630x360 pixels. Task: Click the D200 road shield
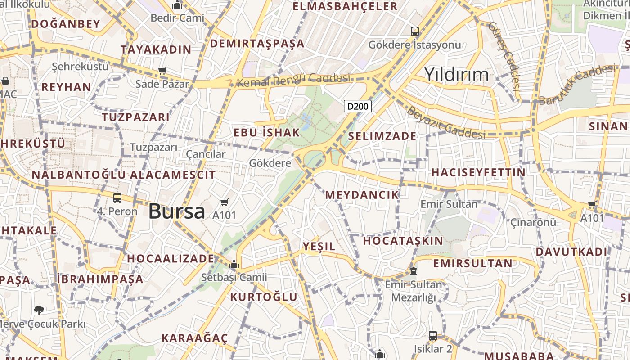click(x=358, y=106)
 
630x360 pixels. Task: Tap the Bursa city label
click(x=176, y=211)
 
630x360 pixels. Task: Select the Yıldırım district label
click(x=456, y=74)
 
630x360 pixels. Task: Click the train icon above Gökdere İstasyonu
click(x=414, y=31)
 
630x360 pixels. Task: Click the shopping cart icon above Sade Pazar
click(x=162, y=71)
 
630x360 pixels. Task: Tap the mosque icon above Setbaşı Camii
click(x=234, y=264)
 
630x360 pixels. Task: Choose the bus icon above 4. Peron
click(x=117, y=198)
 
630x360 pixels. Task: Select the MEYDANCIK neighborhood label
click(x=362, y=194)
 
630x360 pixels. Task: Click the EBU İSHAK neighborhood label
click(x=266, y=132)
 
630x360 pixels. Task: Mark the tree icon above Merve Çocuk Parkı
click(x=39, y=310)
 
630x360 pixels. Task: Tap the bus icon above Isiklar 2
click(x=432, y=335)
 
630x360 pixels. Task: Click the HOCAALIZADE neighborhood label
click(x=171, y=258)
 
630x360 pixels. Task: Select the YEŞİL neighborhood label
click(x=319, y=246)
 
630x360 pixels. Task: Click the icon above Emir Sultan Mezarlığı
click(x=413, y=271)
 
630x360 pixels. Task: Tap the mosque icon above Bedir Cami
click(x=177, y=5)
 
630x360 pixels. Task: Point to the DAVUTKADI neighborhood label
click(x=571, y=252)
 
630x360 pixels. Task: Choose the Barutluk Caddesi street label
click(x=576, y=85)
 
